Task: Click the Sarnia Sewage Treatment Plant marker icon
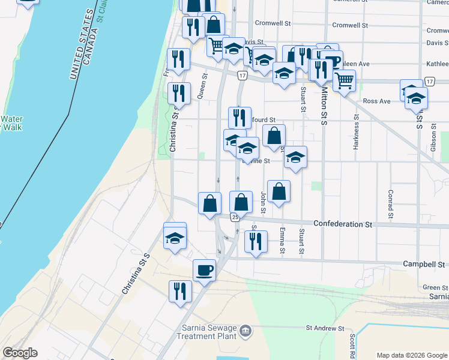[x=245, y=331]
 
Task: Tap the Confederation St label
[x=339, y=224]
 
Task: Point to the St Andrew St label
[x=325, y=328]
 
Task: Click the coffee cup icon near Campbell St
[x=204, y=271]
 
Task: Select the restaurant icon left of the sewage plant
[x=180, y=292]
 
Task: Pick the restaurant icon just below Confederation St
[x=256, y=241]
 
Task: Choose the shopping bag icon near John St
[x=279, y=192]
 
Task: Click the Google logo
[x=20, y=353]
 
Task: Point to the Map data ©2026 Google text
[x=412, y=355]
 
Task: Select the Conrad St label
[x=390, y=205]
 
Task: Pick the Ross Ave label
[x=376, y=101]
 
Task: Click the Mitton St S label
[x=324, y=104]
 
